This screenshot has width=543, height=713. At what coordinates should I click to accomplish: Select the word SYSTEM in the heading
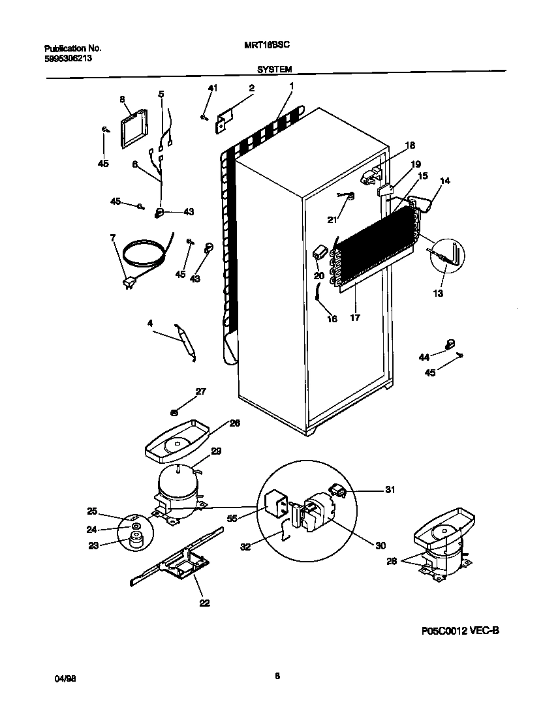tap(274, 68)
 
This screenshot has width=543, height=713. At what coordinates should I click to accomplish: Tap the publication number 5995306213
tap(68, 57)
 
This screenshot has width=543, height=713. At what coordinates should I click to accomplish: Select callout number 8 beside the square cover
tap(121, 99)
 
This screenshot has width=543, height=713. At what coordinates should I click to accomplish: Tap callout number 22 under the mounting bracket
tap(204, 603)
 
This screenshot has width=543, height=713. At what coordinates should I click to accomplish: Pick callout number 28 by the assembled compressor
tap(391, 560)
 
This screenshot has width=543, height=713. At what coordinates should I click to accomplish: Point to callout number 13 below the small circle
tap(438, 294)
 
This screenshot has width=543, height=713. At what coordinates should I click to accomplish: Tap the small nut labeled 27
tap(175, 411)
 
